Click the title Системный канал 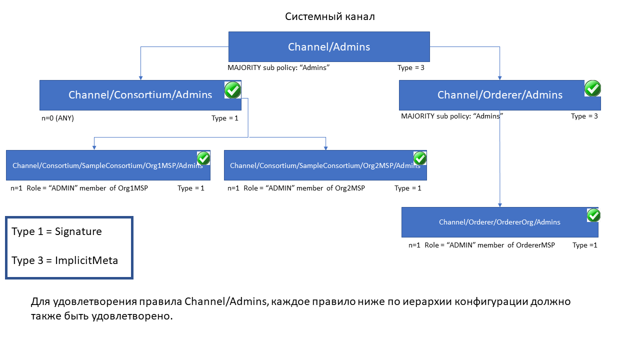click(x=329, y=16)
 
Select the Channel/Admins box click(x=329, y=46)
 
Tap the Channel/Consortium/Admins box click(x=140, y=95)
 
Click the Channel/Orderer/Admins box click(x=499, y=95)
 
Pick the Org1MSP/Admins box click(x=108, y=165)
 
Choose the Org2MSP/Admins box click(x=325, y=165)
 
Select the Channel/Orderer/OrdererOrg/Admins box click(x=499, y=222)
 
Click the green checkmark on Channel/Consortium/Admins click(x=232, y=90)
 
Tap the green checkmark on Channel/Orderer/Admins click(x=592, y=88)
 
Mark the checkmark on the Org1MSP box click(x=203, y=158)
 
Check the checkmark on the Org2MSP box click(x=420, y=158)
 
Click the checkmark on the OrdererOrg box click(x=593, y=215)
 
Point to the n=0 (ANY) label click(x=57, y=118)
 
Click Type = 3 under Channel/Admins click(x=411, y=67)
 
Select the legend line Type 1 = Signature click(x=56, y=231)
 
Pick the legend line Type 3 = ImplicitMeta click(x=64, y=260)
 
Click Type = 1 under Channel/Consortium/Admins click(x=225, y=118)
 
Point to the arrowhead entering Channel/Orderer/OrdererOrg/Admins click(x=499, y=205)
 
